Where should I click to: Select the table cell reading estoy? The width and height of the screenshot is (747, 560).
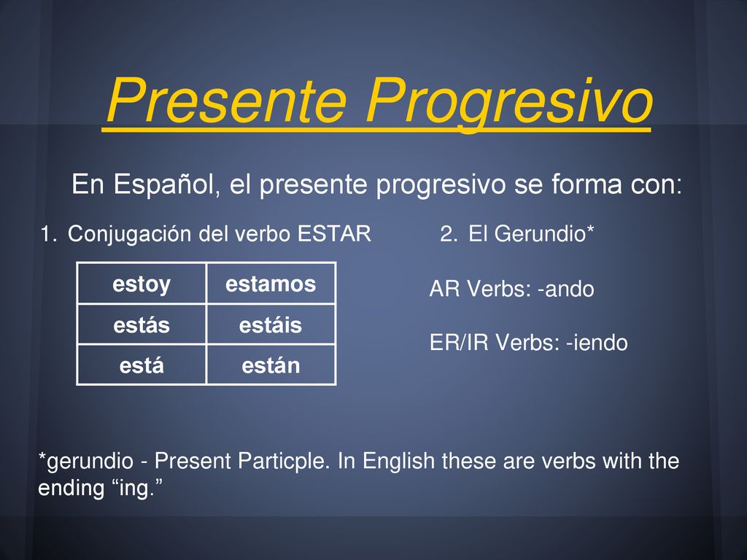(142, 284)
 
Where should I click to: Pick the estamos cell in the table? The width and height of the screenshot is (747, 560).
(271, 284)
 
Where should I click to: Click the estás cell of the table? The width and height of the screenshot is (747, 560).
(142, 324)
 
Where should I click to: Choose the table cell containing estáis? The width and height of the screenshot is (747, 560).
(271, 324)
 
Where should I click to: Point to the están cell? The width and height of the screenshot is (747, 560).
(271, 365)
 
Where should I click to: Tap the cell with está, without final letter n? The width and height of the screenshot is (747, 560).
(142, 365)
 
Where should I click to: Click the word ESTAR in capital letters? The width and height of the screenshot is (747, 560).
(334, 234)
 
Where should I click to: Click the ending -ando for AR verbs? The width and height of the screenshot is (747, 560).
(565, 289)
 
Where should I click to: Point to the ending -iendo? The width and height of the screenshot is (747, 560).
(597, 343)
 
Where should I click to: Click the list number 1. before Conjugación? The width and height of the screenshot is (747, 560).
(49, 234)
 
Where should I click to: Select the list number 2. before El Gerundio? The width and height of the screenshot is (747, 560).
(449, 234)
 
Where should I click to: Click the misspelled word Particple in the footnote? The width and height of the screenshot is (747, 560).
(284, 461)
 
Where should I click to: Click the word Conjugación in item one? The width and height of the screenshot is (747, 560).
(130, 234)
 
